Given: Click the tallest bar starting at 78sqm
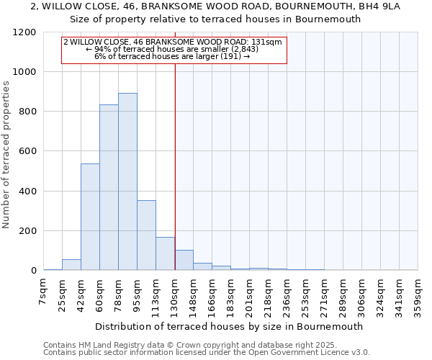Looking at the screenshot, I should (127, 181).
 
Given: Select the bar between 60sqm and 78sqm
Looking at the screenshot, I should (109, 187).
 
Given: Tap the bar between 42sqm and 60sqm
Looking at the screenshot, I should (90, 217).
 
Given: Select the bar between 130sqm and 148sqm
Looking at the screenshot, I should (184, 261).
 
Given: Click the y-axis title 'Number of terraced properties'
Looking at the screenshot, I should (7, 155).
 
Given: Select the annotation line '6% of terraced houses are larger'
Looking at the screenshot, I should (172, 56).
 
